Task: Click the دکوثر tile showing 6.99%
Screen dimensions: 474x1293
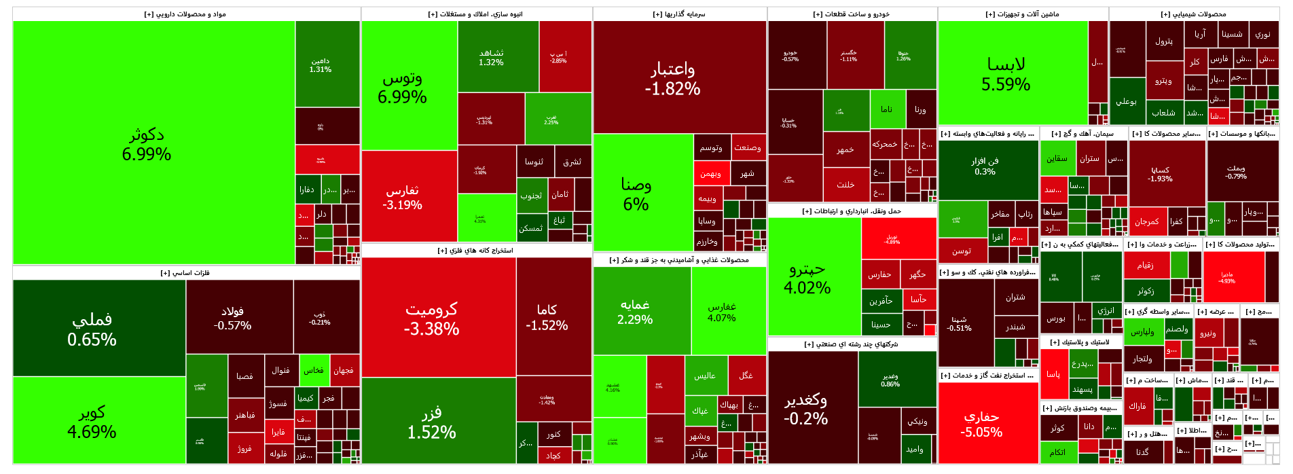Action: point(147,144)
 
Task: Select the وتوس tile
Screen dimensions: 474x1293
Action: point(403,87)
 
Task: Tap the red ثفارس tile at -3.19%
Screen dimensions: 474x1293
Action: point(403,197)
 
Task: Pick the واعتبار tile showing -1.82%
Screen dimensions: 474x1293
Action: point(672,78)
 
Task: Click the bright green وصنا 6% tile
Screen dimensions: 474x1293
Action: point(636,194)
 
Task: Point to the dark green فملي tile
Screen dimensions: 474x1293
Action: point(92,329)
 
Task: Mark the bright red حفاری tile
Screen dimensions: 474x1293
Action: point(981,424)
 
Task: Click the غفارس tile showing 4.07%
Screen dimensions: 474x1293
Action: point(722,312)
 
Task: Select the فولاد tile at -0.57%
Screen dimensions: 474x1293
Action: point(233,318)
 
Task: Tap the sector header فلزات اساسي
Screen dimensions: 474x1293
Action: point(185,273)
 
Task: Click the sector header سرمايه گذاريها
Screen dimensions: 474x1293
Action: point(679,14)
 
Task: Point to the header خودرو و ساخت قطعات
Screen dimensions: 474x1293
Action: point(852,14)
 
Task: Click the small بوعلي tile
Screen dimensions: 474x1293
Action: point(1127,101)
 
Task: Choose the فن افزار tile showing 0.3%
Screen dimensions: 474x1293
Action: point(985,166)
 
